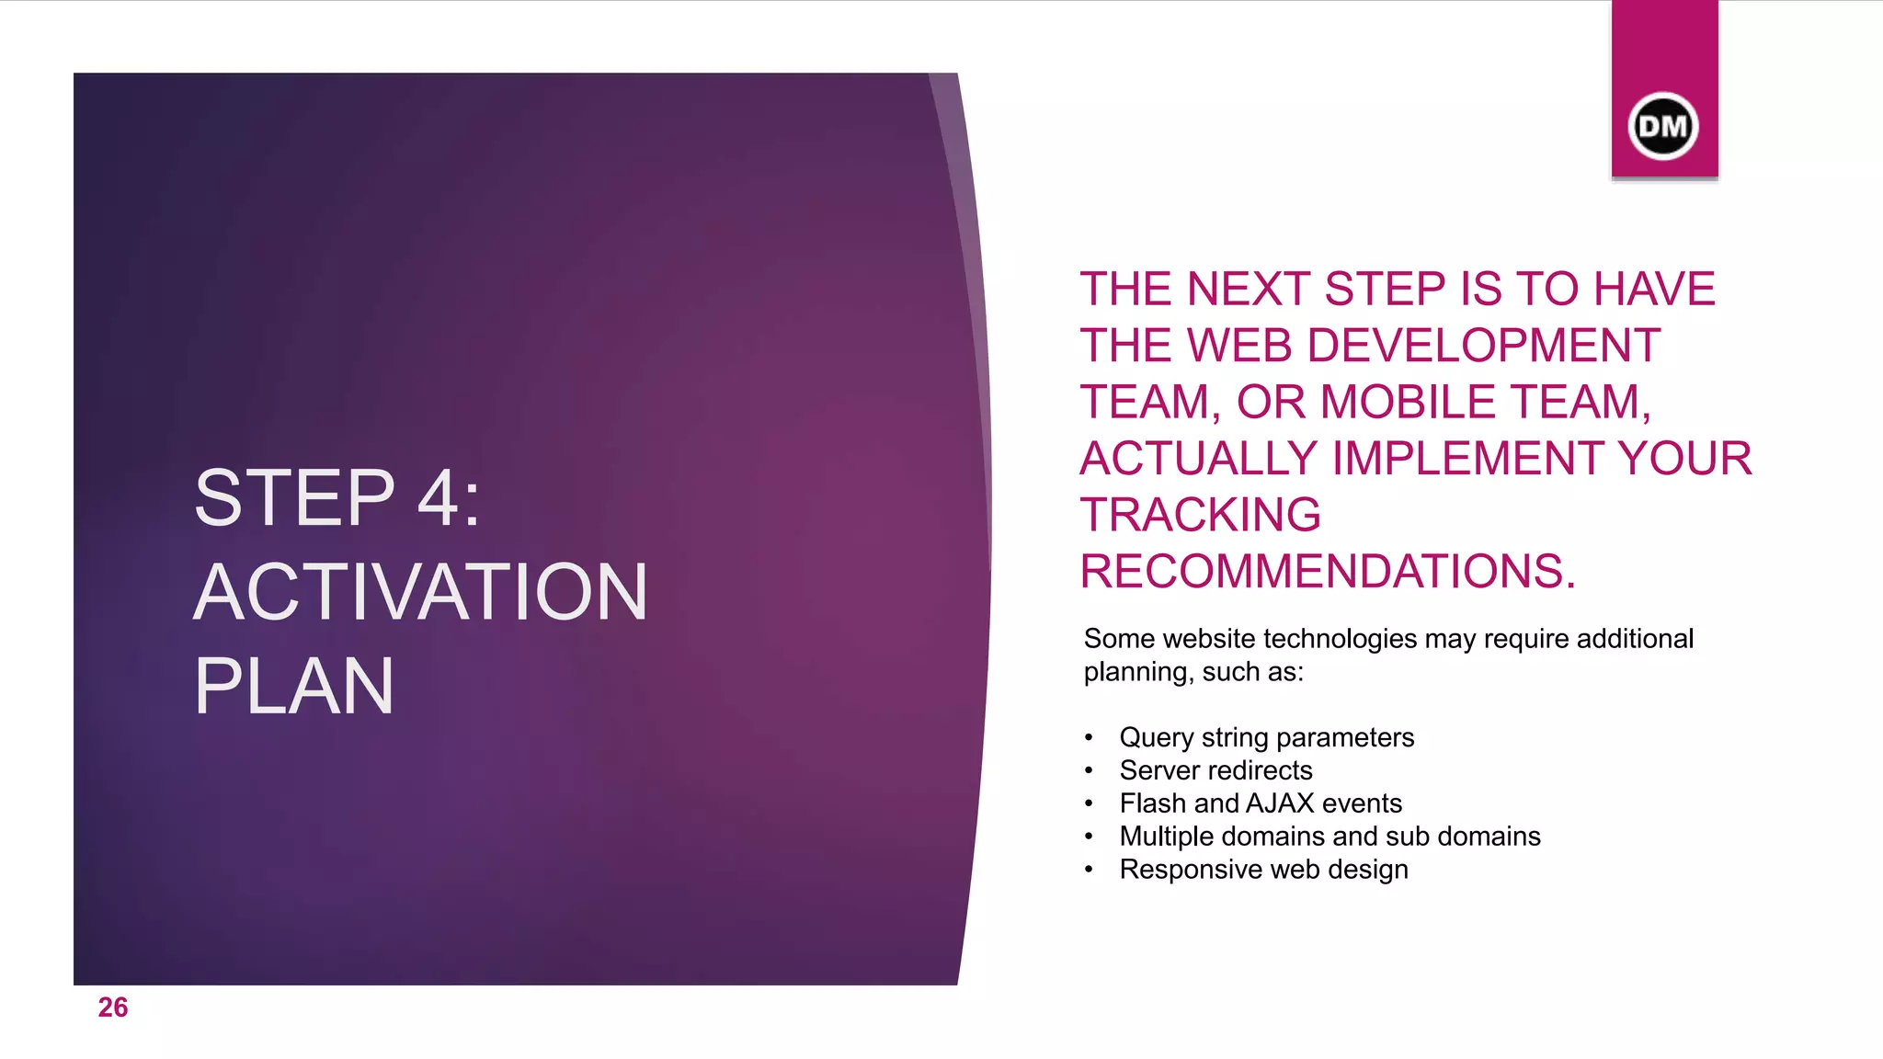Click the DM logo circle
tap(1662, 126)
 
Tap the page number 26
tap(113, 1008)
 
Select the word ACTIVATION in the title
tap(421, 592)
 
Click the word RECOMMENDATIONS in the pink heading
tap(1327, 572)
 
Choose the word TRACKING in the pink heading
tap(1201, 515)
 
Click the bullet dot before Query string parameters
tap(1089, 738)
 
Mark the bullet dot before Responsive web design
tap(1089, 870)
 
